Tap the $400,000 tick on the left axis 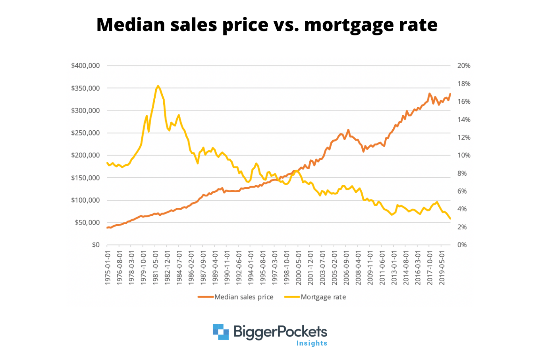point(85,66)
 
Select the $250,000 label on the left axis point(85,133)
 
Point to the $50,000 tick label point(87,223)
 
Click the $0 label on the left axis point(96,245)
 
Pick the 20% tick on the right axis point(464,66)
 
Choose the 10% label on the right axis point(464,155)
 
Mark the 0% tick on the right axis point(462,245)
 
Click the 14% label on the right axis point(464,120)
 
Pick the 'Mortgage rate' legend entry point(323,297)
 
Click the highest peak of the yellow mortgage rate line point(158,86)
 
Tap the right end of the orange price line point(450,94)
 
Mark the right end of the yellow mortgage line point(450,219)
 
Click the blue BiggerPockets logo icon point(221,332)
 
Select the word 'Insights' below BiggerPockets point(312,343)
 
